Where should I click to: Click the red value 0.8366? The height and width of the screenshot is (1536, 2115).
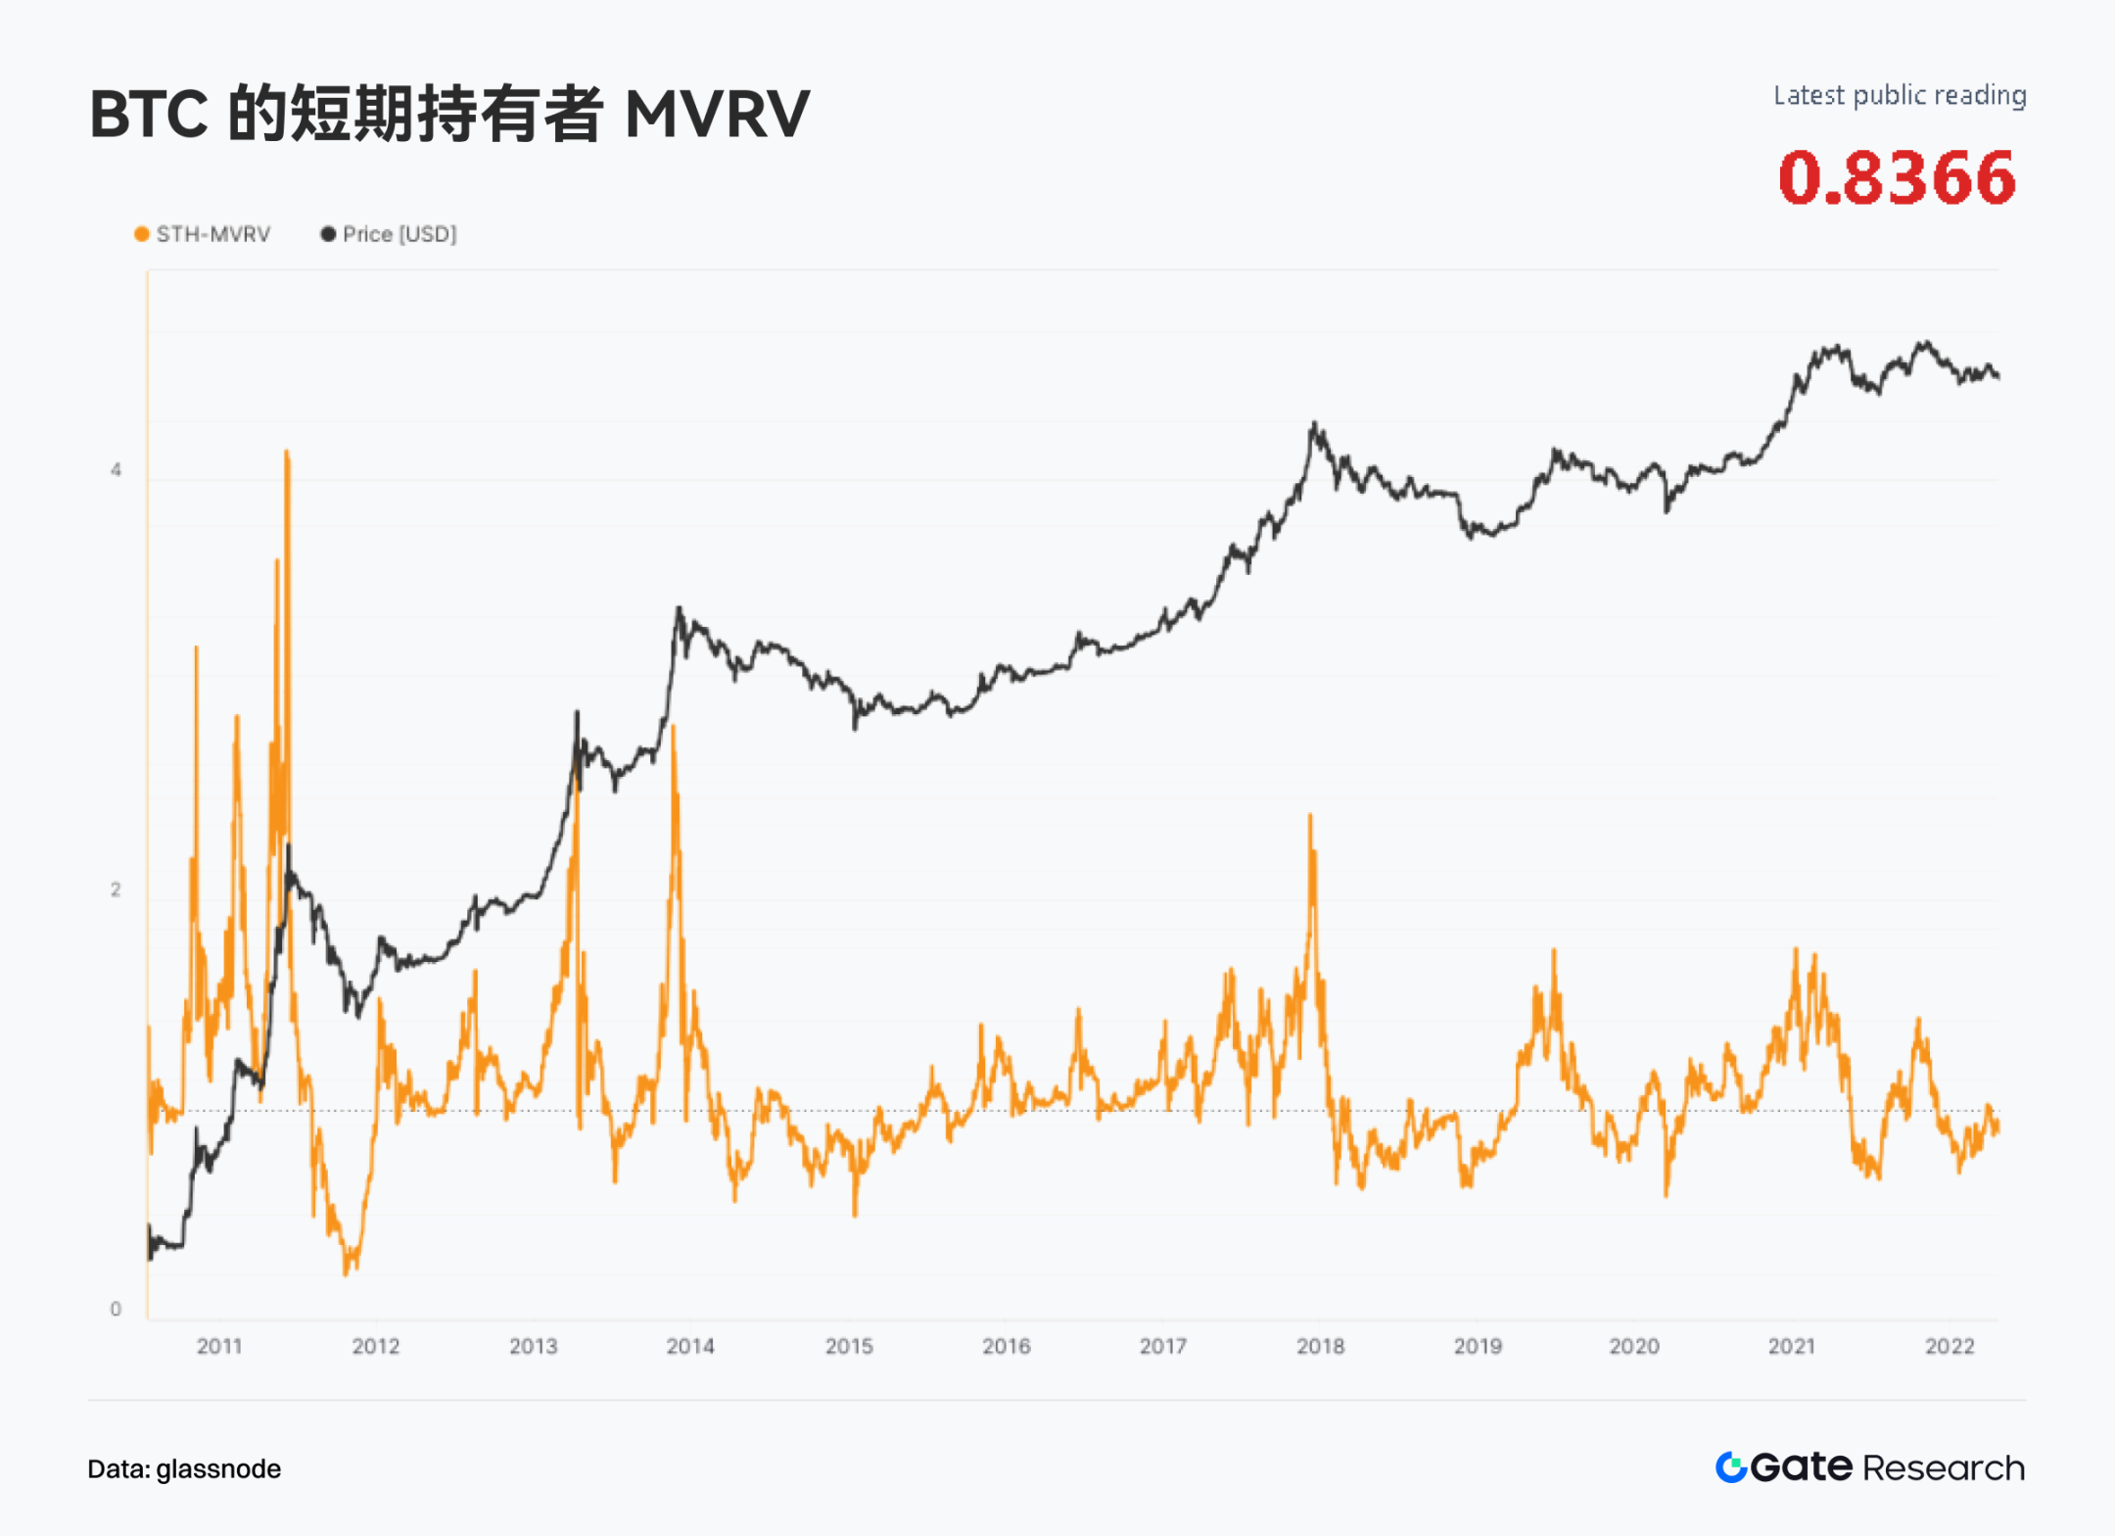click(x=1897, y=178)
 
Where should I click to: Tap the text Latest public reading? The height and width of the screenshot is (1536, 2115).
click(x=1900, y=95)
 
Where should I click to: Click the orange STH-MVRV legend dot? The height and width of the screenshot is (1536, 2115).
click(x=142, y=234)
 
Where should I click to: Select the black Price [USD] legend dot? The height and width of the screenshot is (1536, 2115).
click(x=328, y=234)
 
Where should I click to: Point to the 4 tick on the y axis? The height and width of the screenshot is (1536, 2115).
click(x=116, y=470)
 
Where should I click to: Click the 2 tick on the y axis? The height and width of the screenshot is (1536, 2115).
click(x=116, y=889)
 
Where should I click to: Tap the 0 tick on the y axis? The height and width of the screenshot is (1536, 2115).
click(x=116, y=1309)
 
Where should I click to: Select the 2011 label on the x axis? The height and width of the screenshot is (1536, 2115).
click(x=219, y=1347)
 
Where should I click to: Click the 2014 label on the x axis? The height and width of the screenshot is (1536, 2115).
click(x=690, y=1347)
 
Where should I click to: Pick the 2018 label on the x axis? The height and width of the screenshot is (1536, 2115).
click(x=1320, y=1347)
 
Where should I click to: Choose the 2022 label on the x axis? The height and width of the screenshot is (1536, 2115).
click(x=1950, y=1347)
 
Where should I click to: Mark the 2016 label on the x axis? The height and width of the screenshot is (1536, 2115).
click(x=1006, y=1347)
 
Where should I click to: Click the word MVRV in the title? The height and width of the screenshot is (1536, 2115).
click(x=717, y=115)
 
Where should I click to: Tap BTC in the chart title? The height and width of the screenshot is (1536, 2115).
click(x=148, y=115)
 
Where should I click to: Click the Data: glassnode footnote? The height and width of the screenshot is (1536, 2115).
click(x=184, y=1468)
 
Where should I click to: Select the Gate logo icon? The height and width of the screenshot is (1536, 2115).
click(x=1731, y=1466)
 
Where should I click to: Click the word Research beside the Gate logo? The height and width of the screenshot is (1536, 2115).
click(x=1944, y=1467)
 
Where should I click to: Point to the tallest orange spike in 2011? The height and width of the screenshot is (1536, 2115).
click(x=287, y=453)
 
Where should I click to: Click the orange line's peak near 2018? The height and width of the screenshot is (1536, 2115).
click(x=1310, y=816)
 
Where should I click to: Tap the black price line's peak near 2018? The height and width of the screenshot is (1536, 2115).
click(x=1315, y=424)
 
